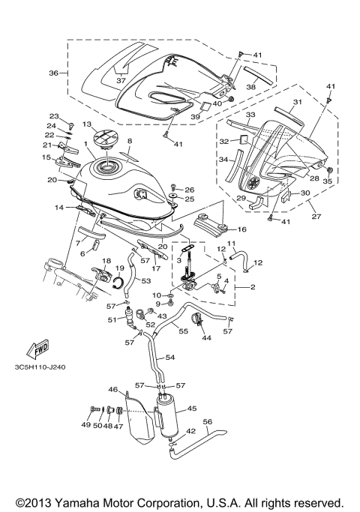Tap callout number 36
click(53, 73)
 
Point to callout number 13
click(87, 124)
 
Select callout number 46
click(113, 390)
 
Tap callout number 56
click(208, 422)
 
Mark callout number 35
click(327, 181)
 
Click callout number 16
click(241, 229)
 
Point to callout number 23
click(53, 116)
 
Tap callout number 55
click(182, 329)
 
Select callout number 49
click(85, 424)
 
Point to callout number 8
click(129, 141)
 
